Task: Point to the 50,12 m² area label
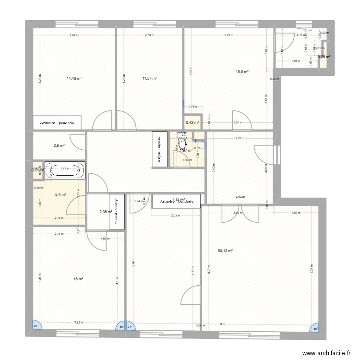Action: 225,251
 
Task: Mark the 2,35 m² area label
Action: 105,212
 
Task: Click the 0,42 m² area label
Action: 192,122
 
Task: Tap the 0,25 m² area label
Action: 324,57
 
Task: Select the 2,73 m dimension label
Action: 150,35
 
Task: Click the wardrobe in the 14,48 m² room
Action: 57,122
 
